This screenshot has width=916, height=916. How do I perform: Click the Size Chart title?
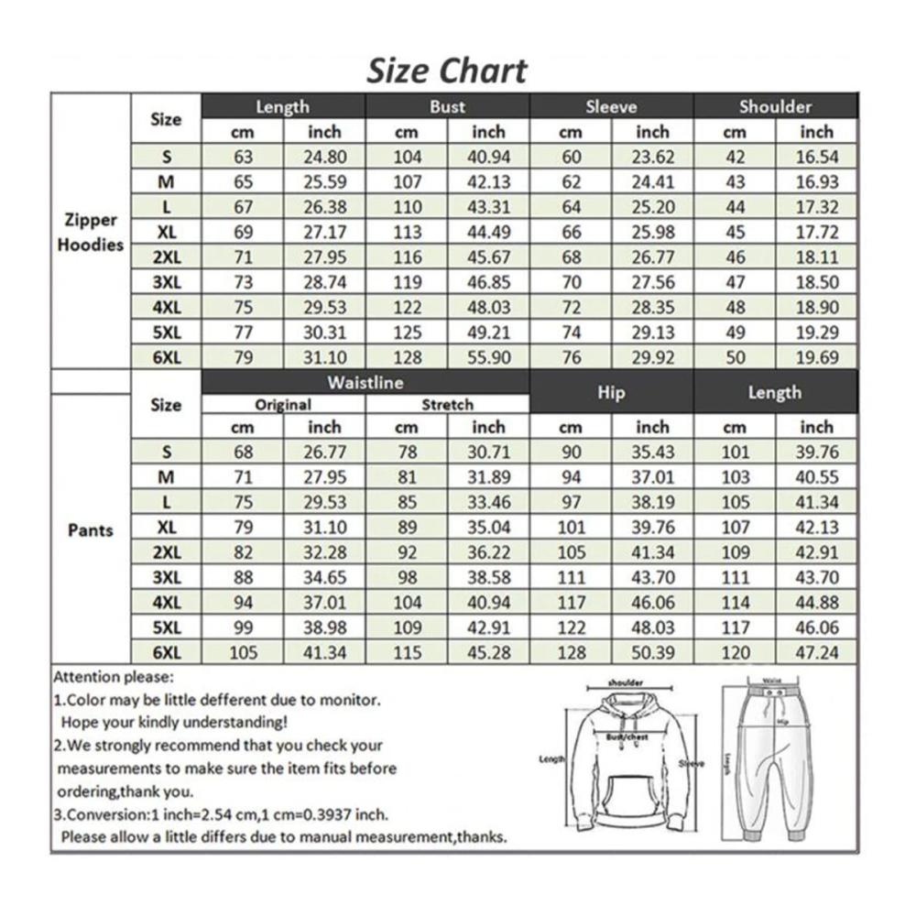click(x=447, y=71)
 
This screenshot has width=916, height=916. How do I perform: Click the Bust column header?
click(x=447, y=106)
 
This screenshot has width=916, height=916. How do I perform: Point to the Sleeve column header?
click(x=611, y=106)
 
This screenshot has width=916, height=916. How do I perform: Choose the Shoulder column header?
click(x=775, y=106)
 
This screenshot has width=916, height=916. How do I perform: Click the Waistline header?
click(x=365, y=382)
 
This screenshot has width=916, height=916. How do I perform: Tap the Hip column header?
click(x=611, y=392)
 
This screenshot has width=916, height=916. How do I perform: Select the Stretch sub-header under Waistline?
click(x=447, y=404)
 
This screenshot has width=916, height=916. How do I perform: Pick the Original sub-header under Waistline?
click(x=283, y=404)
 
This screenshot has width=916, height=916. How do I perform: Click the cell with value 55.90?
click(x=488, y=357)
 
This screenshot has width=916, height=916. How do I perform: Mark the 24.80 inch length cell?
click(x=324, y=157)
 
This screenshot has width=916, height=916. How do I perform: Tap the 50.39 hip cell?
click(x=652, y=652)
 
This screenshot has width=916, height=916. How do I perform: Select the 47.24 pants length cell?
click(x=816, y=652)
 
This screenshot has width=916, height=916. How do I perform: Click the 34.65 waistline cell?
click(x=324, y=578)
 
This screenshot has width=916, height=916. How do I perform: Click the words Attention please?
click(x=113, y=678)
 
